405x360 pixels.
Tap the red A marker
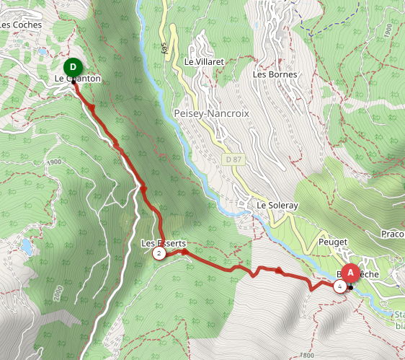pos(350,273)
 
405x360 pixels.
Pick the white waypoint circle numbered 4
pos(339,286)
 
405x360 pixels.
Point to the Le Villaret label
pos(205,62)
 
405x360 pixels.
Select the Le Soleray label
pos(278,206)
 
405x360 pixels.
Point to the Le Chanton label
pos(77,78)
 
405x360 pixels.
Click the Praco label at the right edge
pos(393,234)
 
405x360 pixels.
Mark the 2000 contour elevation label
pos(58,292)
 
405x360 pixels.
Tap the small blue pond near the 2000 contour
pos(27,246)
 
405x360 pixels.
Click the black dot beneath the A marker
pos(350,288)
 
